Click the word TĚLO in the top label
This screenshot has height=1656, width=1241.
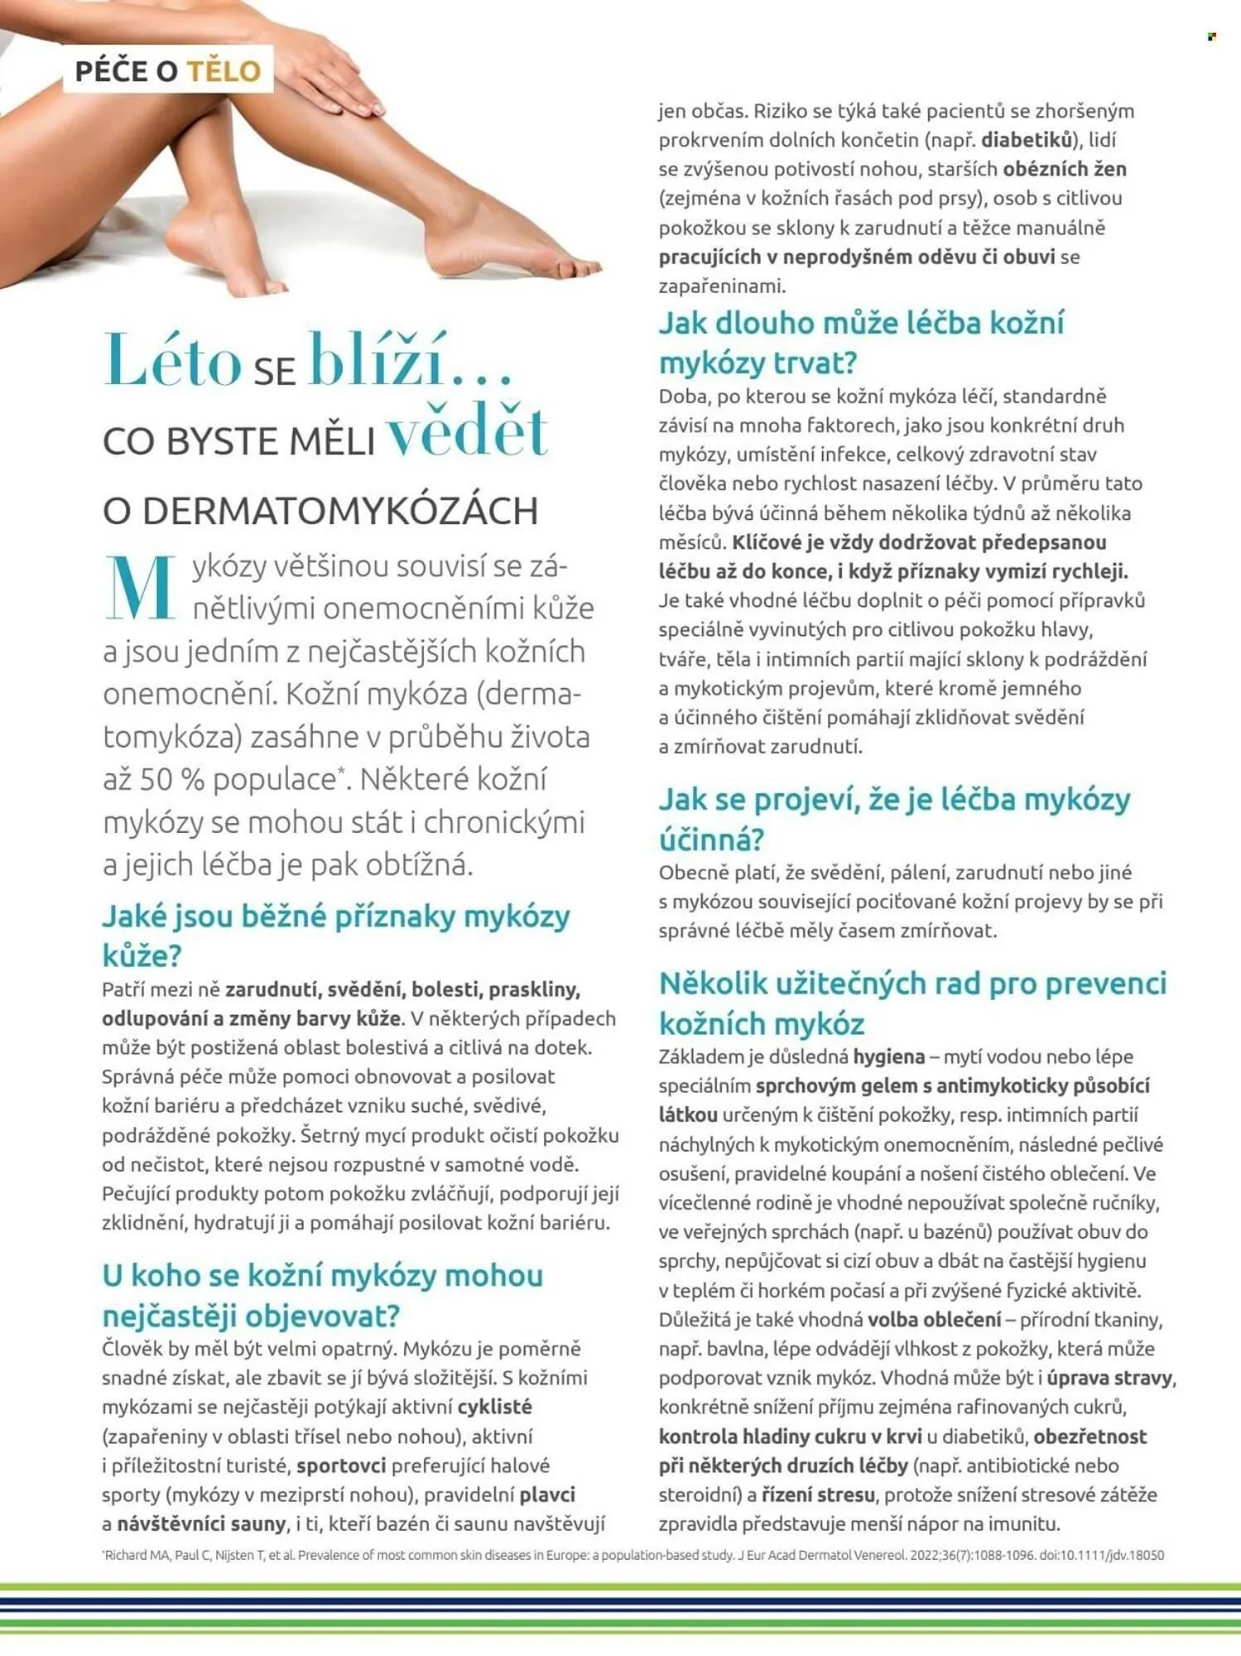click(x=224, y=71)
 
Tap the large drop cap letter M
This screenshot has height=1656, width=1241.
click(x=140, y=588)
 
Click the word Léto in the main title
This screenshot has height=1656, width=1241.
click(x=172, y=362)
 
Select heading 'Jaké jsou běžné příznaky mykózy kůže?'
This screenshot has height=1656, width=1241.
click(x=335, y=936)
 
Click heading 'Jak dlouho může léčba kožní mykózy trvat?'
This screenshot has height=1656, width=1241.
click(x=861, y=342)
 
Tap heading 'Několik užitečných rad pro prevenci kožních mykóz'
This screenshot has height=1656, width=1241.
click(x=912, y=1003)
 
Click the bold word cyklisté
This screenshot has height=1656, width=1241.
click(x=494, y=1407)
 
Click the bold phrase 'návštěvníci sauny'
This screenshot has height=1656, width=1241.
click(x=201, y=1524)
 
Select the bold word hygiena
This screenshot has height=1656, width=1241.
click(x=888, y=1057)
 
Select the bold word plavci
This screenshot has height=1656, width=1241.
click(x=546, y=1495)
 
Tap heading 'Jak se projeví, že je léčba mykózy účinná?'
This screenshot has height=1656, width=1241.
click(x=894, y=819)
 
